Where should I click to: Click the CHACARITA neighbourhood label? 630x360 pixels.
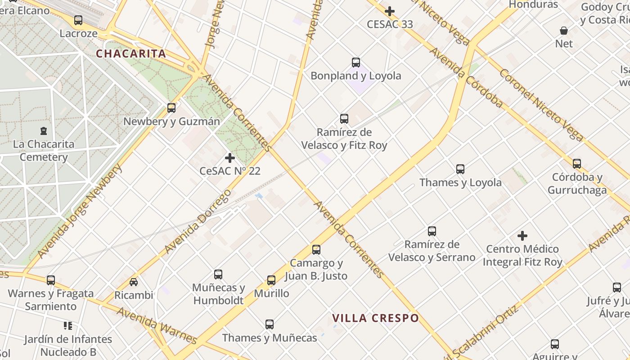131,54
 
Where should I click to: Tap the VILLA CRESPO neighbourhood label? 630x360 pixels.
375,318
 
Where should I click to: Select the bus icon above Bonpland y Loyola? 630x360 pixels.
356,63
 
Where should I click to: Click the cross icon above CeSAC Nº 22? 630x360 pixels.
230,158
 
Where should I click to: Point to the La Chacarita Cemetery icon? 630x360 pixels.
44,131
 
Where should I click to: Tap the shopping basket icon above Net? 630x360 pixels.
564,31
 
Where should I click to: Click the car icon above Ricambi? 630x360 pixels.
134,282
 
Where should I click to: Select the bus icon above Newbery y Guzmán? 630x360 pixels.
171,108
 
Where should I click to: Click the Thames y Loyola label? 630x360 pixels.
460,182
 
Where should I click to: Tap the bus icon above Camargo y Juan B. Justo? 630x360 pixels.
316,250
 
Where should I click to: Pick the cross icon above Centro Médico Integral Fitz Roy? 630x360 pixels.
522,236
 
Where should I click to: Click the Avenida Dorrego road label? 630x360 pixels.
198,221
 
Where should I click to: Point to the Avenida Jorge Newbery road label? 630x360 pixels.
80,211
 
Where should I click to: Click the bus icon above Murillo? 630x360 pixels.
271,280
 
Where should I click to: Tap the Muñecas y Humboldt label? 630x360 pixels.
218,294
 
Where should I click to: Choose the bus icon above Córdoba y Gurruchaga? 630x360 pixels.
577,164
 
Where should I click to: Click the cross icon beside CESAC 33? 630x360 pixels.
390,11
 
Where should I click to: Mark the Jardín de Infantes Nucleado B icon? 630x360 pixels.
68,325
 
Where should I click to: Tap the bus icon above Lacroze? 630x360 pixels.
78,20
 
